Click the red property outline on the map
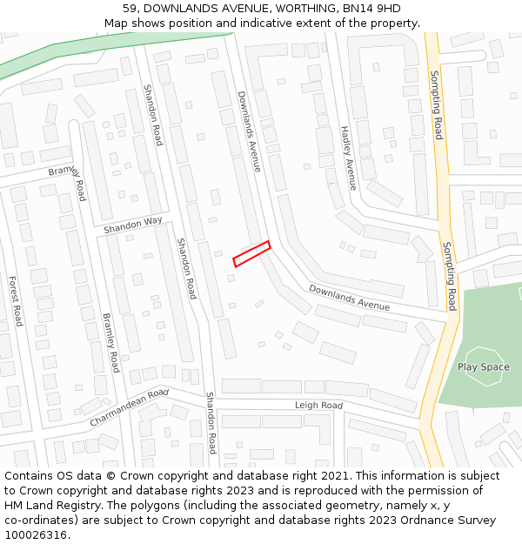tap(251, 253)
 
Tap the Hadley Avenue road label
tap(348, 157)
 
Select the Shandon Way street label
tap(133, 225)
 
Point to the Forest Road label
tap(15, 300)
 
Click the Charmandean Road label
tap(129, 407)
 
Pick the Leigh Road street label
tap(318, 406)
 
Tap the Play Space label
tap(483, 367)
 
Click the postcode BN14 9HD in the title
tap(373, 9)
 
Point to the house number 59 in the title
tap(130, 9)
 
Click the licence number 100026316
tap(36, 535)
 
